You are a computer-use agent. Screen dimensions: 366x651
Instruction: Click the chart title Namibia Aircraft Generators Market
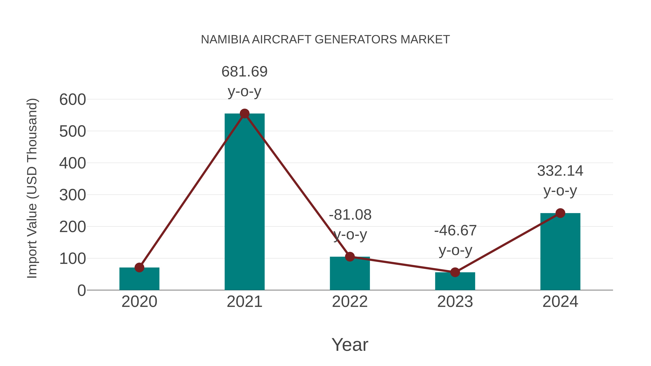pos(325,40)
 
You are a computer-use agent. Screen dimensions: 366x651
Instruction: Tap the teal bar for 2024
pos(560,253)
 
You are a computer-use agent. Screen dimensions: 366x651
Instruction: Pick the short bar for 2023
pos(455,281)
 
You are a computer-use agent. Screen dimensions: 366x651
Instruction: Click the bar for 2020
pos(139,279)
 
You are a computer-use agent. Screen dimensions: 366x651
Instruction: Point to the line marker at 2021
pos(244,114)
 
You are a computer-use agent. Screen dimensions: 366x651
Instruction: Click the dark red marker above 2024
pos(560,213)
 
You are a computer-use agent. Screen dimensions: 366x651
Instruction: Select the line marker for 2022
pos(350,257)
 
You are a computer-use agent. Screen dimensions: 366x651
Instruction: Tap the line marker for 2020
pos(139,267)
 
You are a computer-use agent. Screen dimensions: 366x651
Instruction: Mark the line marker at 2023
pos(455,272)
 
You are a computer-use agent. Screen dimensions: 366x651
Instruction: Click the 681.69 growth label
pos(244,72)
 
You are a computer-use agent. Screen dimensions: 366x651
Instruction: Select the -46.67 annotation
pos(455,231)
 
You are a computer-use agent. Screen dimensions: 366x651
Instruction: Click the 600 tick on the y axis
pos(73,100)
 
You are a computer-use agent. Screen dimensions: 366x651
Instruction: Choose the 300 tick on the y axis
pos(73,195)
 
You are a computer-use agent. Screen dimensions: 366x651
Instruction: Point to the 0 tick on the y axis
pos(81,290)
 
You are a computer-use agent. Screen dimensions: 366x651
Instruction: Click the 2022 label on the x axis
pos(350,302)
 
